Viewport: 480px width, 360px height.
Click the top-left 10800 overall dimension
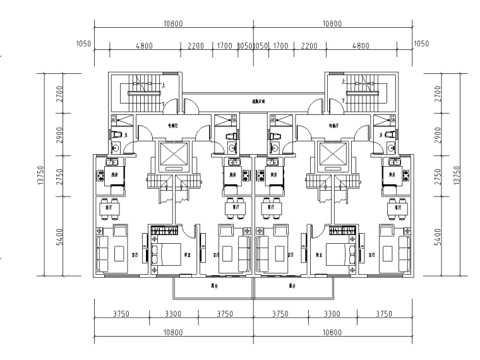point(173,24)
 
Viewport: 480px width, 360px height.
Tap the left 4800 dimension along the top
point(145,45)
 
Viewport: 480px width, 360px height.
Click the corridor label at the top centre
point(255,100)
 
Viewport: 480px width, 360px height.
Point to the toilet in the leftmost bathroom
point(116,135)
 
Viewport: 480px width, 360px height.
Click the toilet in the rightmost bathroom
point(389,135)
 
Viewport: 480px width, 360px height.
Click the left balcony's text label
point(215,285)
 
